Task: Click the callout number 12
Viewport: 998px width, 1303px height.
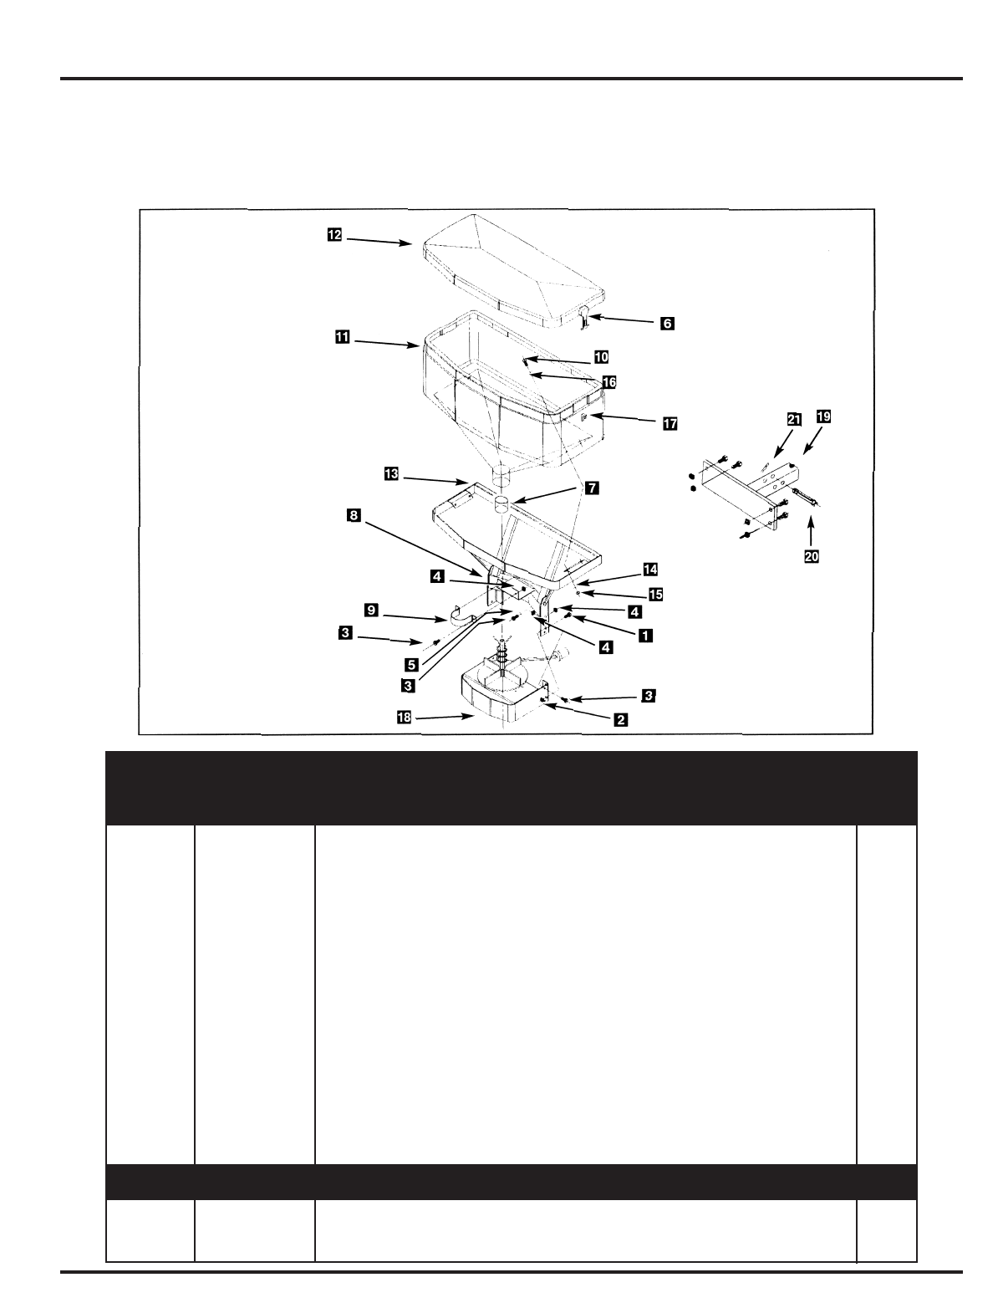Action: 334,236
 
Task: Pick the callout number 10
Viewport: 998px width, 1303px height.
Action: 601,357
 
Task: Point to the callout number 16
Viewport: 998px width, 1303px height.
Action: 609,381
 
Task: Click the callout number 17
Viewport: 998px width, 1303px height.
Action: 670,424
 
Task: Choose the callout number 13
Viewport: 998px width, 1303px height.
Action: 390,475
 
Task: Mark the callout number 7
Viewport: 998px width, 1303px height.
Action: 591,488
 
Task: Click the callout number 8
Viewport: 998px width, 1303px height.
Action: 354,516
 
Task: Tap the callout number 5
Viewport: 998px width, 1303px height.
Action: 411,664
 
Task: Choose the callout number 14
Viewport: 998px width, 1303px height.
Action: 649,570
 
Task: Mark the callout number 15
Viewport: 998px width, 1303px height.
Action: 656,595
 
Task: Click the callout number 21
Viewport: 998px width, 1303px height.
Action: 792,416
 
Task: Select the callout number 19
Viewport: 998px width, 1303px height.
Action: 824,415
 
